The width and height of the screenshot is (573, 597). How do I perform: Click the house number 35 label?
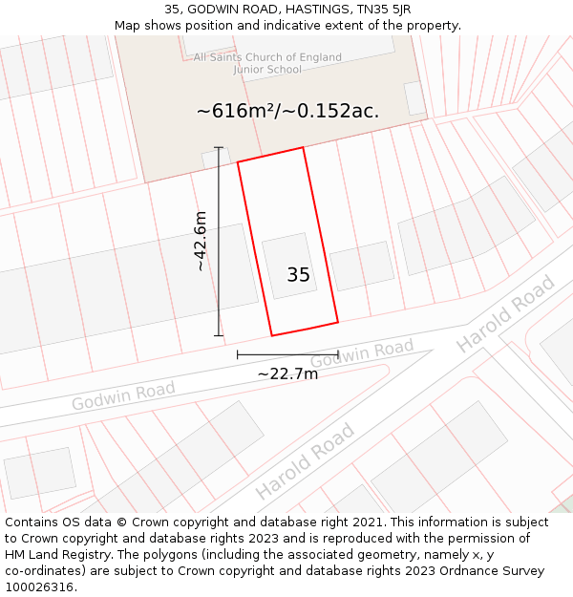coord(298,275)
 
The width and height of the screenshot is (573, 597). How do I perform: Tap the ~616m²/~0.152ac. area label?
coord(287,111)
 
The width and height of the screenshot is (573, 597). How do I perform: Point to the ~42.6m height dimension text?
coord(200,241)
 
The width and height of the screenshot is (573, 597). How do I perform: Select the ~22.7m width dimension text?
coord(287,373)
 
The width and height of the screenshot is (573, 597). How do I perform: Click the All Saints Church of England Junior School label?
coord(267,63)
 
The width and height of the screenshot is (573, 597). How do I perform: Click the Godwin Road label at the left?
coord(123,394)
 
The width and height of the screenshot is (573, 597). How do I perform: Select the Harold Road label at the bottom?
coord(305,460)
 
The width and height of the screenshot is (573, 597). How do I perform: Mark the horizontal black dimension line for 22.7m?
coord(287,354)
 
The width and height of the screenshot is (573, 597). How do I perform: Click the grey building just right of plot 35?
coord(363,266)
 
